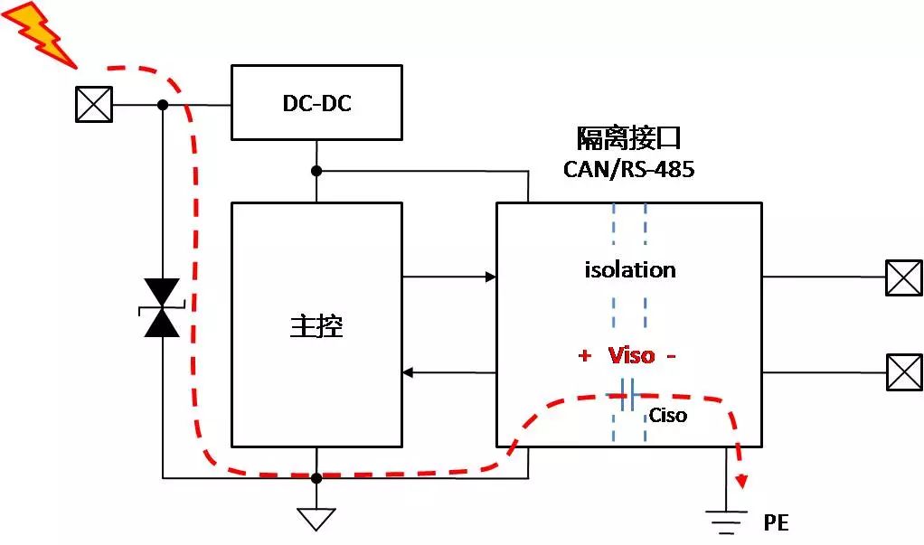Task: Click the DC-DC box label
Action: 316,103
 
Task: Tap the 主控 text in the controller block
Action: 316,325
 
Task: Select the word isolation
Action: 630,269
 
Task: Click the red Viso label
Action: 631,355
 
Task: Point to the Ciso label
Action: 668,416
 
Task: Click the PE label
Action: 776,522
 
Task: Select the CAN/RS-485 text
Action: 629,168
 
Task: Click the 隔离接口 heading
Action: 629,138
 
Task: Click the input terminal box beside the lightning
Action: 94,105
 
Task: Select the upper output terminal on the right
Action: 903,277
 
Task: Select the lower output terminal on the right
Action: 903,371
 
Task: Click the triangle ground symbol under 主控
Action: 316,518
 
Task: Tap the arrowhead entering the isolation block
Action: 491,277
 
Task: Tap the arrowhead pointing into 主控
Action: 408,372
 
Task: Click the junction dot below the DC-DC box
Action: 316,171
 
